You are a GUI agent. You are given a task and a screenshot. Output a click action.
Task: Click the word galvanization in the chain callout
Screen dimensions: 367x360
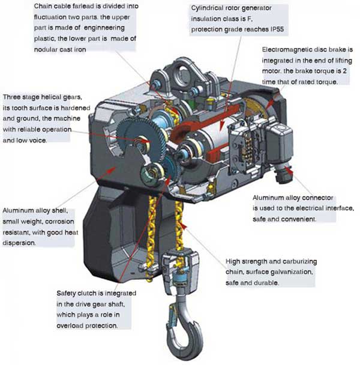tap(292, 271)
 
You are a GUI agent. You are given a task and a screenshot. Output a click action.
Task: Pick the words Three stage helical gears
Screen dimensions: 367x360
tap(47, 97)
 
